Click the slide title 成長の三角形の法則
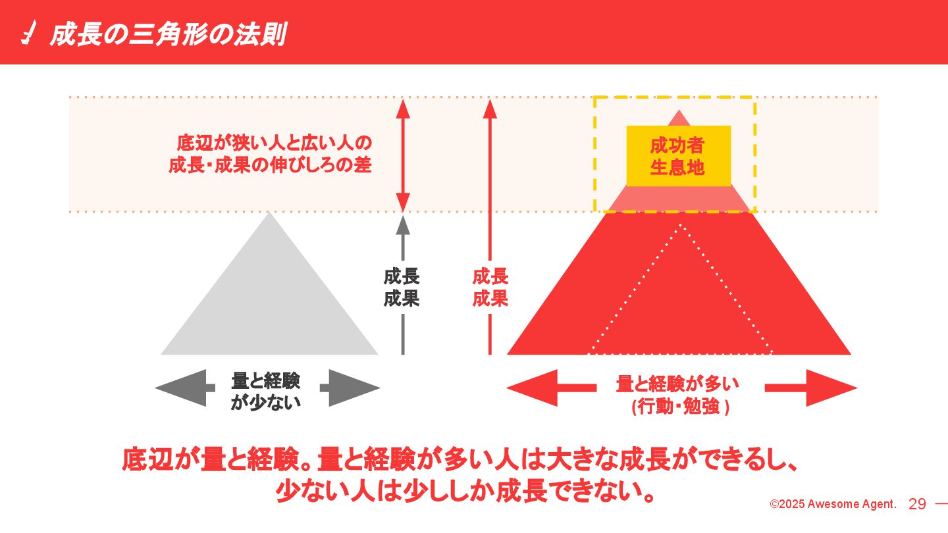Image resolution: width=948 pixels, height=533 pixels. (167, 34)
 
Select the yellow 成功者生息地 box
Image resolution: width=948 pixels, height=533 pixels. (678, 156)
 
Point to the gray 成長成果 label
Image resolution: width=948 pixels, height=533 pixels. (402, 288)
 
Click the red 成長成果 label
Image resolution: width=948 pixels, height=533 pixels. (490, 288)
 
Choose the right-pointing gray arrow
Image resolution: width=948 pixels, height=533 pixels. (352, 388)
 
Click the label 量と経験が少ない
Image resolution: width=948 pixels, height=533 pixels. (266, 391)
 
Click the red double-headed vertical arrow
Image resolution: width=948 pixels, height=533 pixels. (404, 155)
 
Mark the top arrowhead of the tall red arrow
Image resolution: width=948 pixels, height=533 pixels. (490, 108)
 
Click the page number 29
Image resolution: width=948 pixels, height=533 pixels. (917, 505)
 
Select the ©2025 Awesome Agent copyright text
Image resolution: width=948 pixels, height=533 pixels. (833, 505)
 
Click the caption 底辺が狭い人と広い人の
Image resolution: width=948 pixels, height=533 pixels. (275, 143)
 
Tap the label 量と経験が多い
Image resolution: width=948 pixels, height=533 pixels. (678, 384)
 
